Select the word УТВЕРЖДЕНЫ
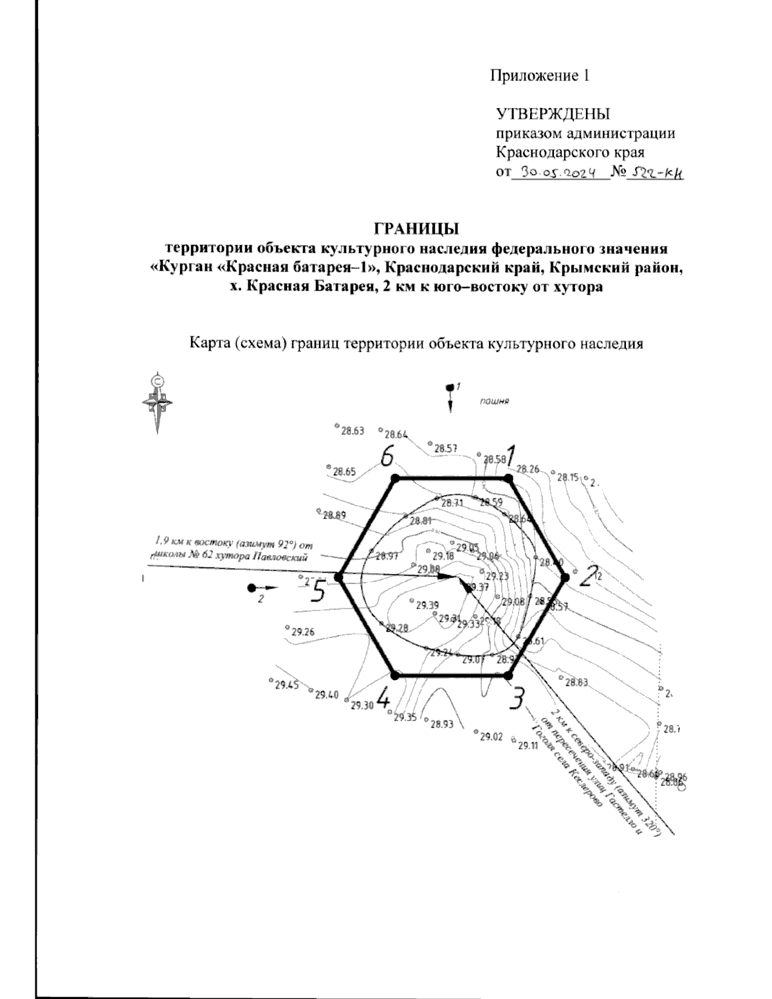coord(552,115)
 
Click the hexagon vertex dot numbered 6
coord(395,479)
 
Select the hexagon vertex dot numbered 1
coord(508,479)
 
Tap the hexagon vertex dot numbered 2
coord(565,577)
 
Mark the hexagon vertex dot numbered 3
coord(508,675)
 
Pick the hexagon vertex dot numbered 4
coord(395,675)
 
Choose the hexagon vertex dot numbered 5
coord(339,577)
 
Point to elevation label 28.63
coord(353,431)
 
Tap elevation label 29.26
coord(302,632)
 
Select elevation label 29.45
coord(286,685)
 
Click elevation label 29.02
coord(491,737)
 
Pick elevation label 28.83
coord(576,682)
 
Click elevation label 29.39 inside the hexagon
coord(427,605)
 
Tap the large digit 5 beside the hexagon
coord(317,591)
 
